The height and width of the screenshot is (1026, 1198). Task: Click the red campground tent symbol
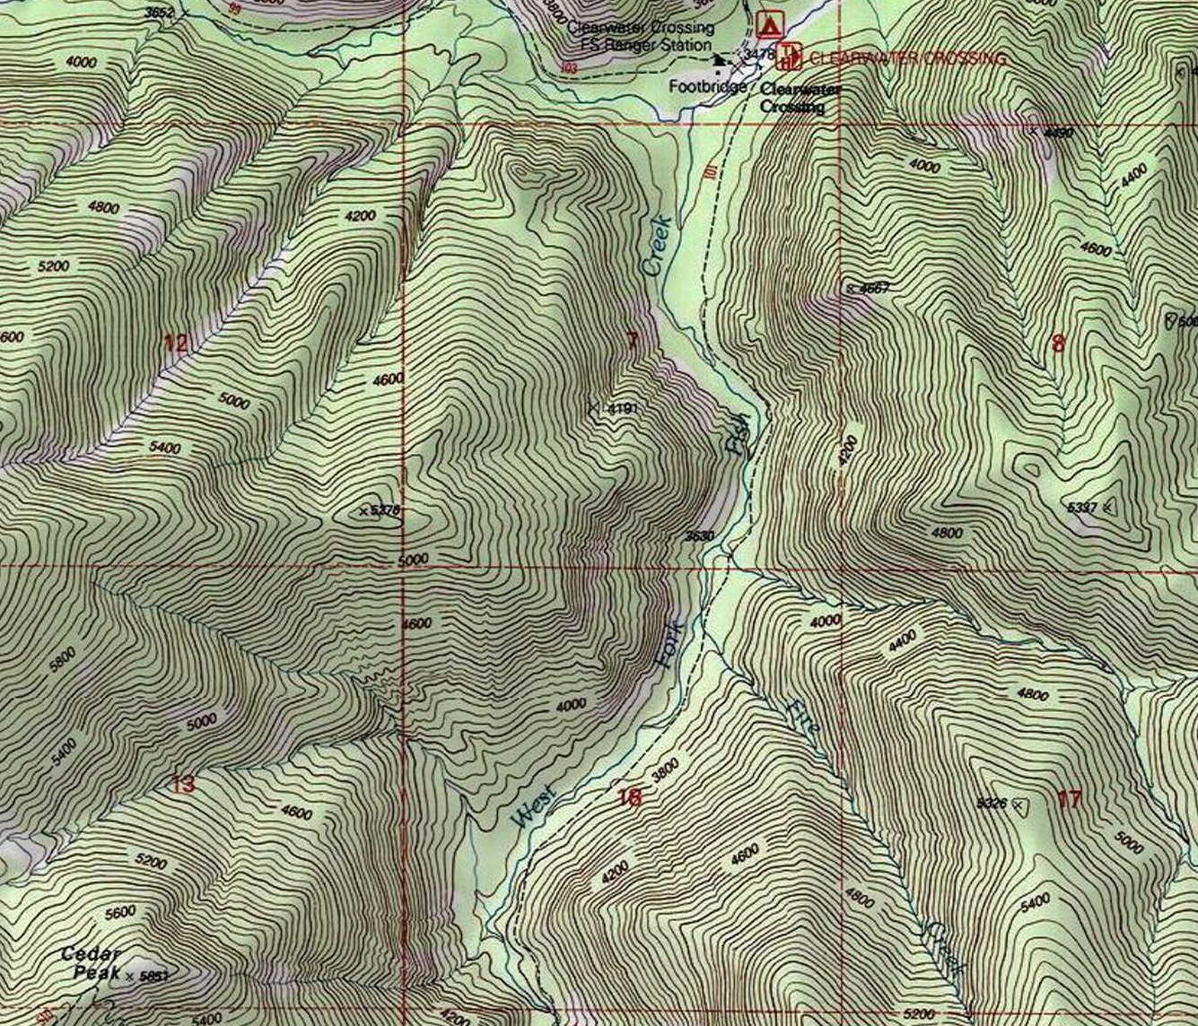(767, 23)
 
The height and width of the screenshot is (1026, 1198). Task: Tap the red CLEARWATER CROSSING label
(906, 58)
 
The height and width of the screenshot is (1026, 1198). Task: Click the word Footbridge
(707, 87)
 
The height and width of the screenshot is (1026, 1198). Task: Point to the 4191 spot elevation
(622, 409)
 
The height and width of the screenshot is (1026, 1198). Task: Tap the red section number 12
(177, 343)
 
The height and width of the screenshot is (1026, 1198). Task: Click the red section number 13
(182, 785)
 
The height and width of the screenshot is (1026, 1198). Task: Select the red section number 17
(1069, 798)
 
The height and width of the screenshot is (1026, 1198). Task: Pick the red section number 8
(1058, 343)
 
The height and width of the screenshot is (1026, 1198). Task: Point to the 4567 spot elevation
(873, 288)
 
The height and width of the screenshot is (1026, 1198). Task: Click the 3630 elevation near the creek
(699, 536)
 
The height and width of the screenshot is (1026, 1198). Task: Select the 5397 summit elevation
(1082, 508)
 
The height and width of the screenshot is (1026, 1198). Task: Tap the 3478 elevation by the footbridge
(759, 54)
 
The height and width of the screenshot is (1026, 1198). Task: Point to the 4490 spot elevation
(1058, 133)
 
